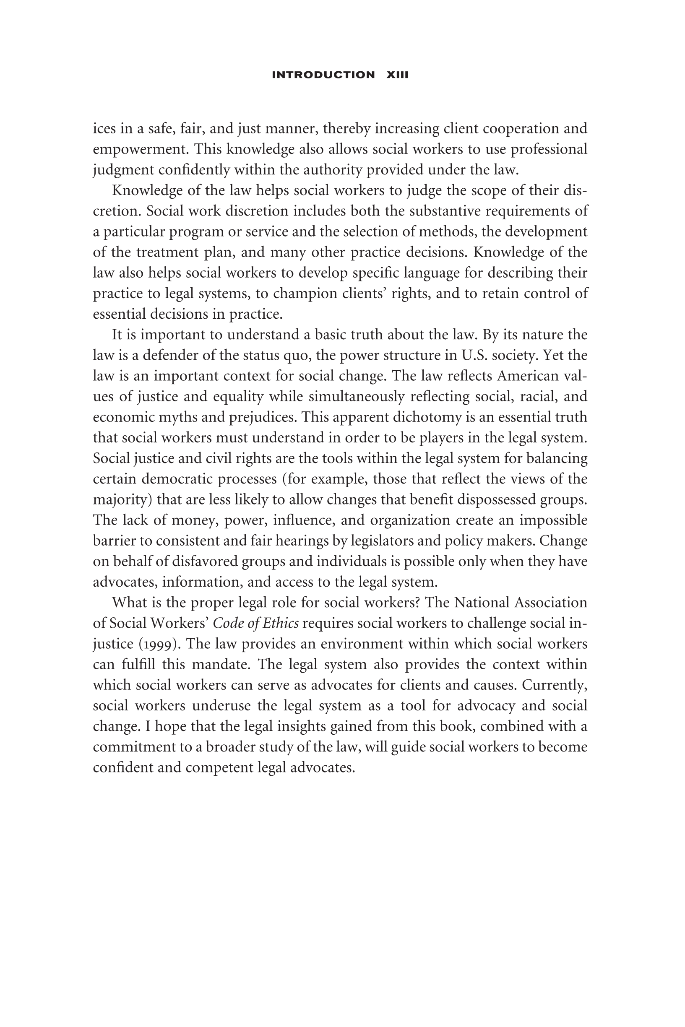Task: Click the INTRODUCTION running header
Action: tap(323, 75)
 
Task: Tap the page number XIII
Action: tap(398, 75)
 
